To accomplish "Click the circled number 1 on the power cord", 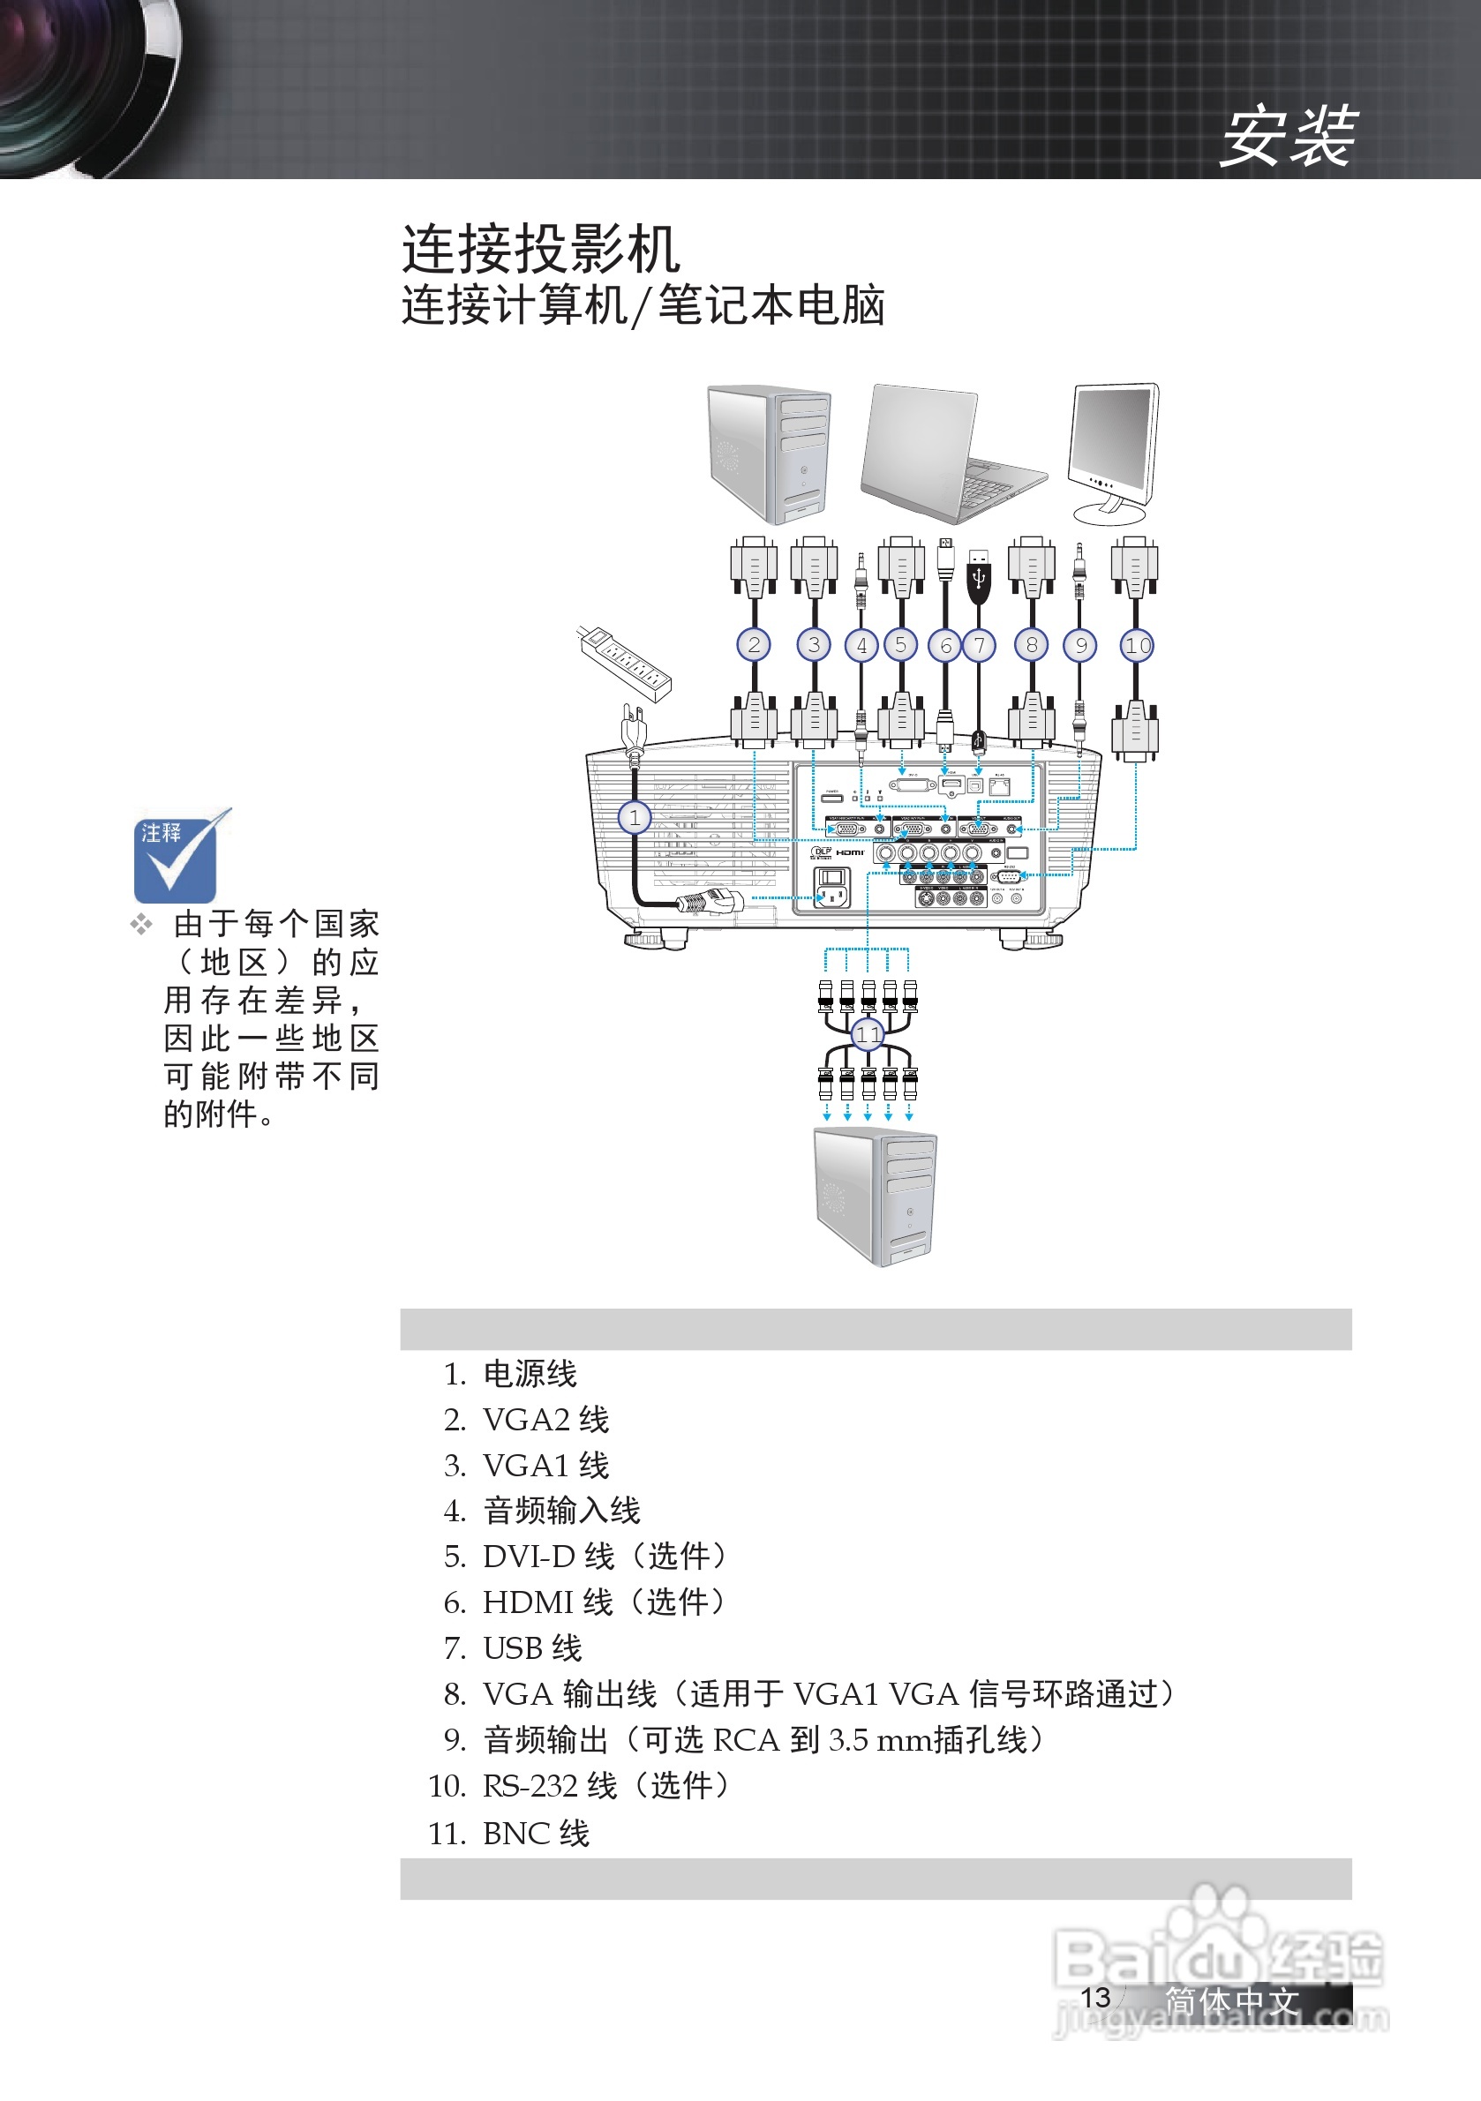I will pos(635,817).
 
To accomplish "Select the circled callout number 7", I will pos(980,646).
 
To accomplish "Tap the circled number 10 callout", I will pos(1137,646).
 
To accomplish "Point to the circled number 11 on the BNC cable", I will pos(867,1035).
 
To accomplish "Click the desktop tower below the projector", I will pos(874,1196).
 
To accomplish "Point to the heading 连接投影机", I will pos(541,249).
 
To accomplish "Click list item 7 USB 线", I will pos(531,1648).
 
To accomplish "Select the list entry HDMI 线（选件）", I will pos(603,1602).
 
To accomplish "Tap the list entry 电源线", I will pos(529,1374).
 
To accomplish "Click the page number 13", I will pos(1094,1998).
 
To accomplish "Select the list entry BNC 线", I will pos(536,1833).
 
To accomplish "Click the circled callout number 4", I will pos(861,646).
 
